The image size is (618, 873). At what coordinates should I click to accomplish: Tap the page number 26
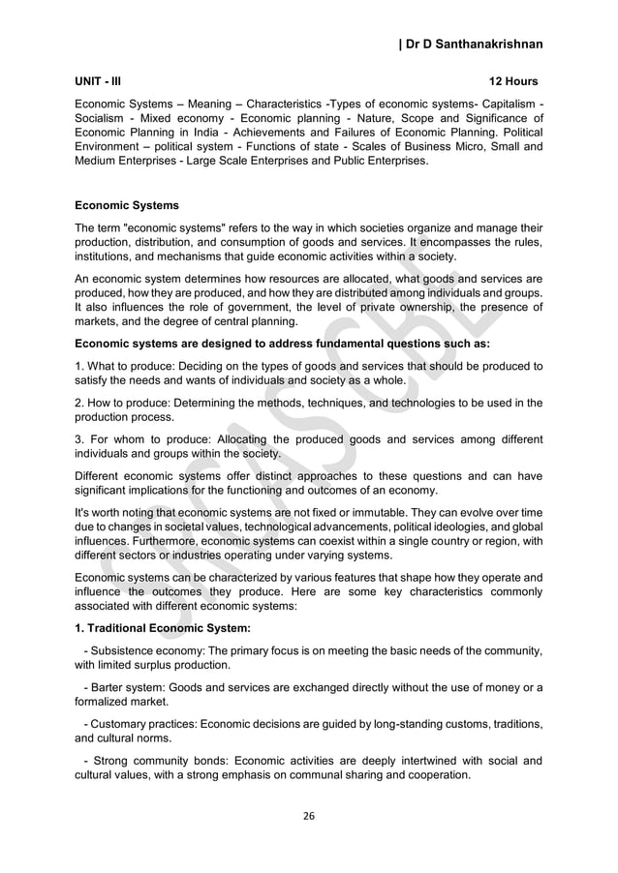[309, 815]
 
